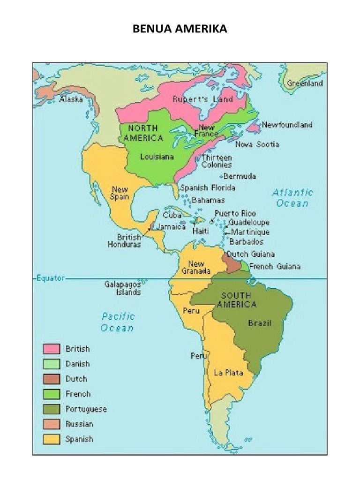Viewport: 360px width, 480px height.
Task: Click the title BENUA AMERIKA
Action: click(x=180, y=30)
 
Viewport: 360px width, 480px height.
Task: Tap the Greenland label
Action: click(x=305, y=83)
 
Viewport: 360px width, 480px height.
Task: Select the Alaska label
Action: click(x=71, y=99)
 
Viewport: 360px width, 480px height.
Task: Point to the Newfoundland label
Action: click(x=287, y=125)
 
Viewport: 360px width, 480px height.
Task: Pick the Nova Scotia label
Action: click(x=257, y=144)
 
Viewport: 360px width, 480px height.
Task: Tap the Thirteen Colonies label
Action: click(x=217, y=161)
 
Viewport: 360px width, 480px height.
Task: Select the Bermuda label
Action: click(x=240, y=177)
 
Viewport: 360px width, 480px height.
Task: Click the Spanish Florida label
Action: click(x=208, y=188)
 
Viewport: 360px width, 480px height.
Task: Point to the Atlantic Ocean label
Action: click(x=293, y=197)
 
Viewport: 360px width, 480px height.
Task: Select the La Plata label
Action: click(x=228, y=373)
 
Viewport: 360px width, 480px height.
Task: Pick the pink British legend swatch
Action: click(x=52, y=349)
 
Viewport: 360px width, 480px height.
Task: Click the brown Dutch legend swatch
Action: click(x=52, y=379)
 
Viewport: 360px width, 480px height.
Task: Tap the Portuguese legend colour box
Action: click(x=52, y=409)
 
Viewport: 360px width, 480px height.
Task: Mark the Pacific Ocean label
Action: click(x=118, y=322)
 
